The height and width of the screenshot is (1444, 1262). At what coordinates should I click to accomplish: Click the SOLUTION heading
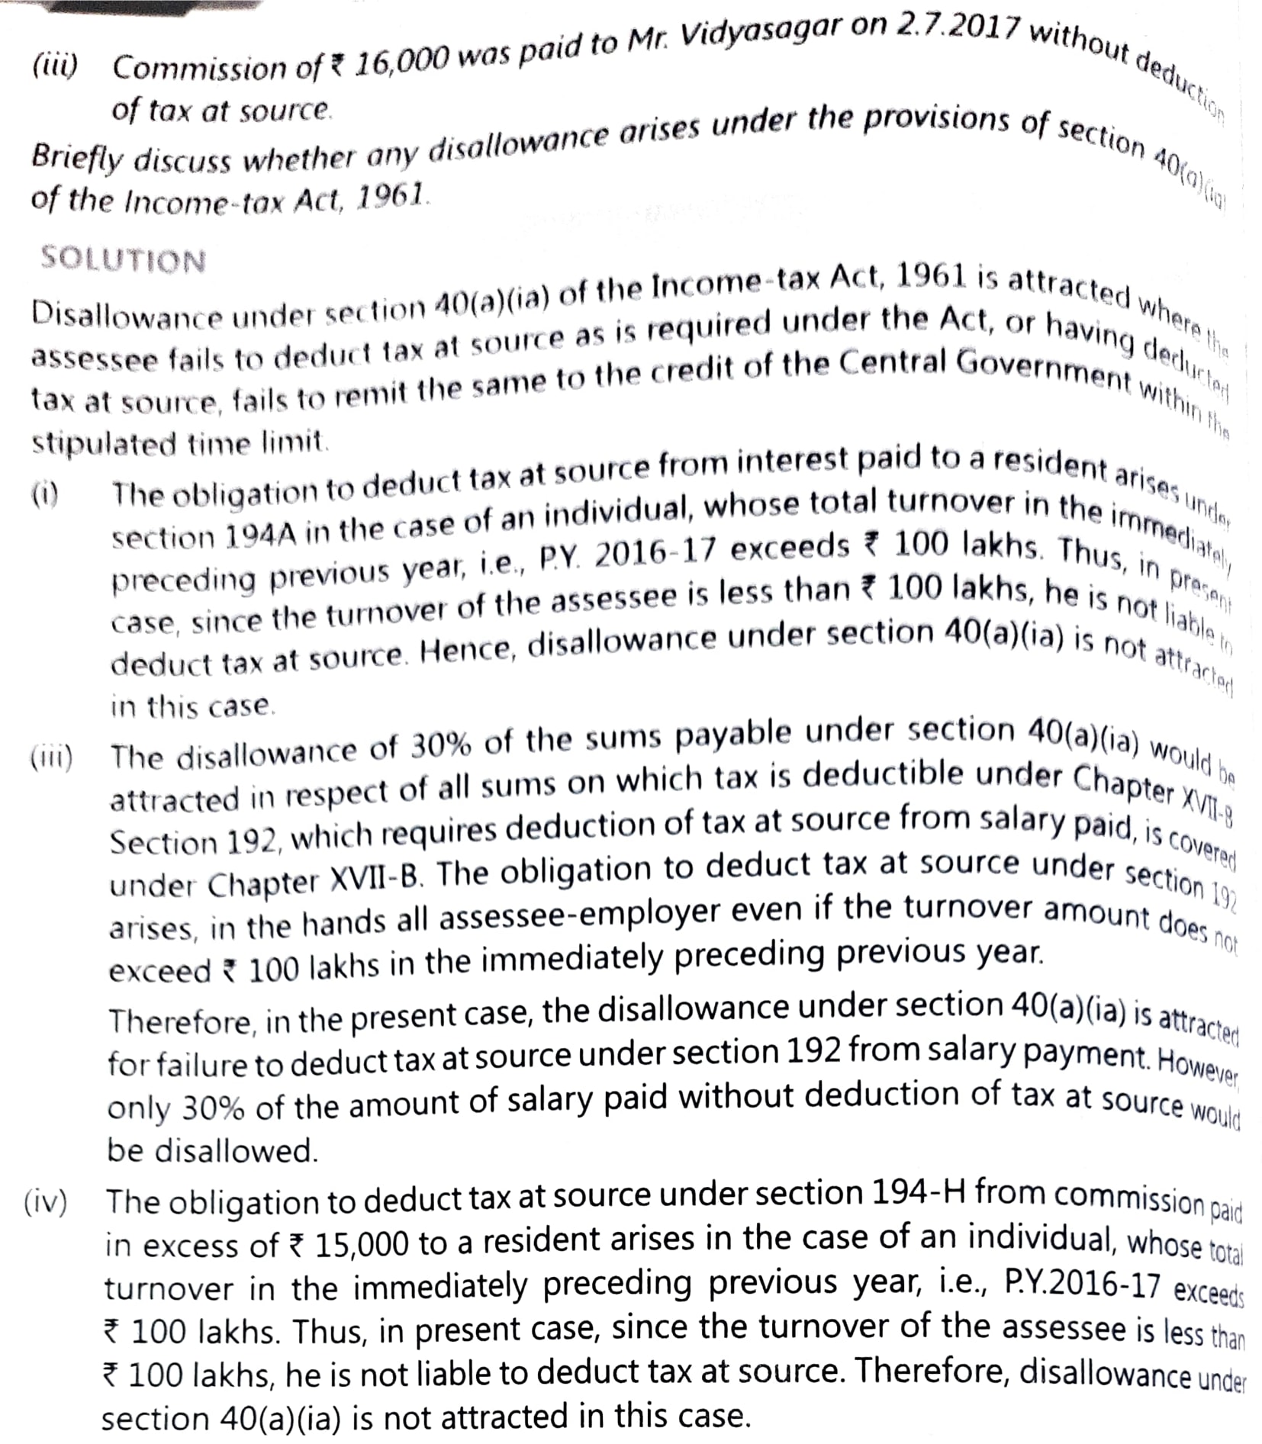tap(123, 259)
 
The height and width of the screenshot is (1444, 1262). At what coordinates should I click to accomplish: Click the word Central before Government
tap(893, 365)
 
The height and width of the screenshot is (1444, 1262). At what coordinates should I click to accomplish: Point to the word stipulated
tap(103, 442)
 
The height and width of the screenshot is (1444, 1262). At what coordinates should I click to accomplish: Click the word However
tap(1197, 1067)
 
